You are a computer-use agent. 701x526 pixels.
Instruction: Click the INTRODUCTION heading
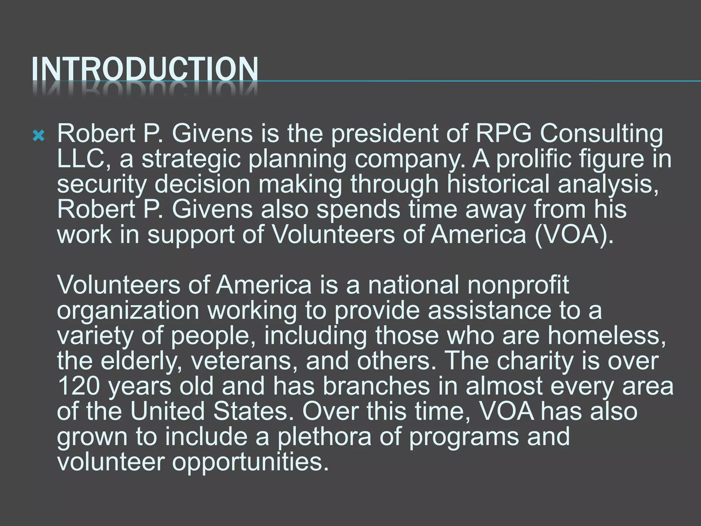click(x=144, y=70)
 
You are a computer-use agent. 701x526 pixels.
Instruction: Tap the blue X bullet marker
click(x=38, y=137)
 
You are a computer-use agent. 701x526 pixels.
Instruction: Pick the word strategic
click(x=191, y=160)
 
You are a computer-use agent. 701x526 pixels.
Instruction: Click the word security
click(x=102, y=185)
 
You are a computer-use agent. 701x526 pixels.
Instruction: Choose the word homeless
click(x=606, y=336)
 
